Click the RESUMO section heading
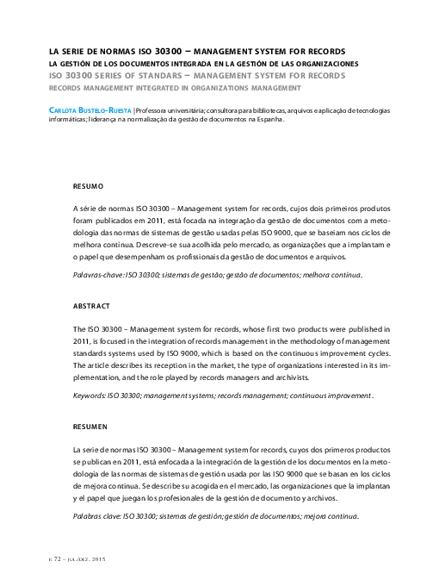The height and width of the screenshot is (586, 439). click(88, 185)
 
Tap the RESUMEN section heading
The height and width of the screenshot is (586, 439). click(90, 426)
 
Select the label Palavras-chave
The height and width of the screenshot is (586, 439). click(98, 275)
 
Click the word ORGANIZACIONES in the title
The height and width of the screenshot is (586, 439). click(322, 64)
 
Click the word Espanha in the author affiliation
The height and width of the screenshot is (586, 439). click(266, 121)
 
